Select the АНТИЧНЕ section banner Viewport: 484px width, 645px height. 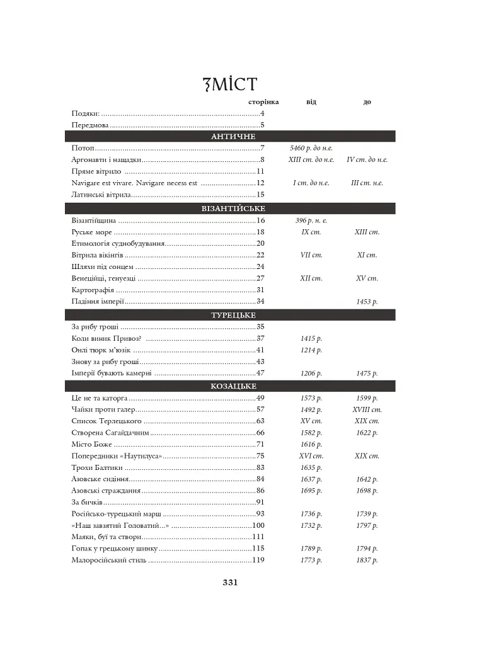coord(233,136)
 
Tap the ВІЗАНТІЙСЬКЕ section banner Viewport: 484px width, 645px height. coord(233,208)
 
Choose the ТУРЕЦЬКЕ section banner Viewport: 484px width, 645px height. coord(233,315)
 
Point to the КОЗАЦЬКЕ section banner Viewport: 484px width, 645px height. coord(233,386)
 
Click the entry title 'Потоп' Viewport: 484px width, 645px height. coord(83,148)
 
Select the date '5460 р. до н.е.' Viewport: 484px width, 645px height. coord(311,148)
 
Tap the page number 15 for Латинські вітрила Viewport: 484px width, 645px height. coord(260,195)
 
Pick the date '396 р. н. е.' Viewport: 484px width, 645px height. coord(311,220)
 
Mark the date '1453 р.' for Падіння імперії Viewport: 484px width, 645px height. coord(367,302)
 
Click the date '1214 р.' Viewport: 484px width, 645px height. coord(311,350)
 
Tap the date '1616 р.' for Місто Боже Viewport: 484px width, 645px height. coord(311,445)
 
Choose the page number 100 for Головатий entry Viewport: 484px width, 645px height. coord(258,525)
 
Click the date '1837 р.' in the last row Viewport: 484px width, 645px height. coord(367,560)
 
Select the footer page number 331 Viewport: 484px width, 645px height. coord(230,583)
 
